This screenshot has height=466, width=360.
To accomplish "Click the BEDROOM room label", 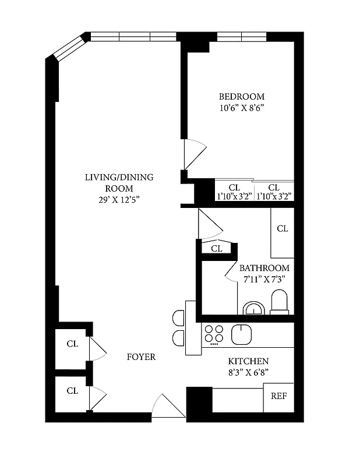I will click(x=241, y=97).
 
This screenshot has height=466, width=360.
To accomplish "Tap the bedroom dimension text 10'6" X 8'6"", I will click(x=241, y=108).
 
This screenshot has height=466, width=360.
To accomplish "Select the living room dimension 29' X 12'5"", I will click(x=119, y=200).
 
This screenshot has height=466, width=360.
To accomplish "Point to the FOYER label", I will click(x=141, y=356).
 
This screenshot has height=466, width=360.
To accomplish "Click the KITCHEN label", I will click(x=248, y=361).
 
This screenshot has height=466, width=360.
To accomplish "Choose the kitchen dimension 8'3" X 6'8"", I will click(x=248, y=372).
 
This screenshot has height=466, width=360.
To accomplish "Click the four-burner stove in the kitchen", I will click(x=214, y=334).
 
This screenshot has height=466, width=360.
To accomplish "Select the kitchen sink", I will click(x=241, y=334).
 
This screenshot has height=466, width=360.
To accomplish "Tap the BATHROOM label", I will click(x=264, y=268).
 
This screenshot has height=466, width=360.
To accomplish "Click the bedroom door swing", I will click(x=193, y=153).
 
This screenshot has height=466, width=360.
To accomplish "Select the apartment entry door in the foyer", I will click(x=168, y=406).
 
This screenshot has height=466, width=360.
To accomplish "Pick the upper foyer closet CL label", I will click(x=72, y=344).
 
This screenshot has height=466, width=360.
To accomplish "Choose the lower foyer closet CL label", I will click(x=72, y=391).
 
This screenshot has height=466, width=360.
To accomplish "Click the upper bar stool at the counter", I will click(x=178, y=317).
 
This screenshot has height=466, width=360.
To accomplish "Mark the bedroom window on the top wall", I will click(x=241, y=37).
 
